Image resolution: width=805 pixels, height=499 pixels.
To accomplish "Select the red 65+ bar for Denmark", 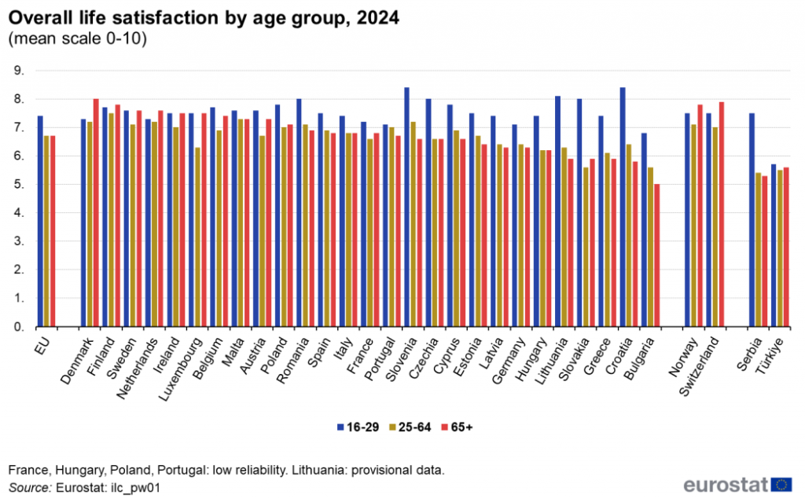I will tap(96, 213).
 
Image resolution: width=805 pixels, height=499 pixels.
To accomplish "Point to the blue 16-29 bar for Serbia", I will tap(752, 220).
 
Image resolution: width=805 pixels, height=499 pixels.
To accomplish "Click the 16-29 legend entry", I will tap(358, 427).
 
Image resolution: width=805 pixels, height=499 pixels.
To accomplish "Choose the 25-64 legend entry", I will tap(409, 427).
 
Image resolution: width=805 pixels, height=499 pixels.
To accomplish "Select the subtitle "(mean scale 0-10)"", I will tap(77, 39).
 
